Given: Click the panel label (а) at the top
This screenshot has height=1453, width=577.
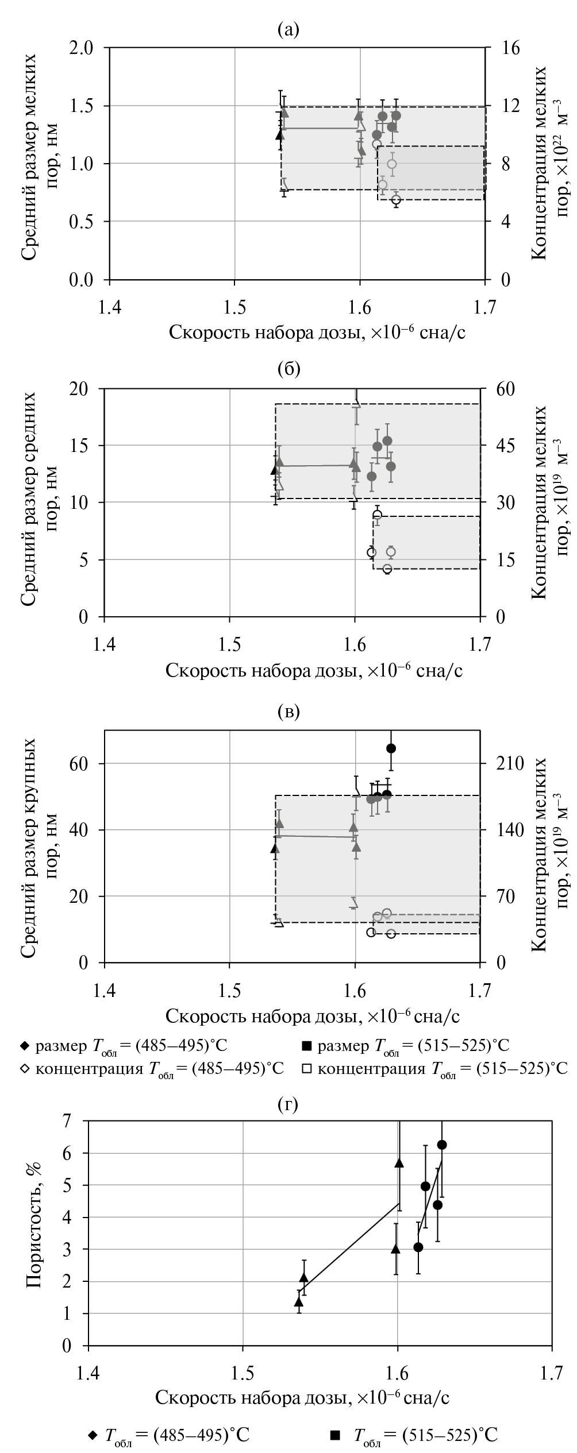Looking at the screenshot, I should (x=288, y=29).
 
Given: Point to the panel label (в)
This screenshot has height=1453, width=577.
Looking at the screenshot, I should (x=288, y=712).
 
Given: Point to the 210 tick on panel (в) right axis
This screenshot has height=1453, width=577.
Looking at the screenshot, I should (x=509, y=764).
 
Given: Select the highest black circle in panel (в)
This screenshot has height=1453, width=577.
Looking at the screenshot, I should (x=391, y=748).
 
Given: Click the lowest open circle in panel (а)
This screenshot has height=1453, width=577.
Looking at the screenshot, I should (x=395, y=200).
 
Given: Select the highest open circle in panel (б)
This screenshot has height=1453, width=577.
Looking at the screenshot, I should (x=377, y=515).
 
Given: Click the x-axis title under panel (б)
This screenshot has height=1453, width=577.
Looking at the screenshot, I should (x=315, y=670).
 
